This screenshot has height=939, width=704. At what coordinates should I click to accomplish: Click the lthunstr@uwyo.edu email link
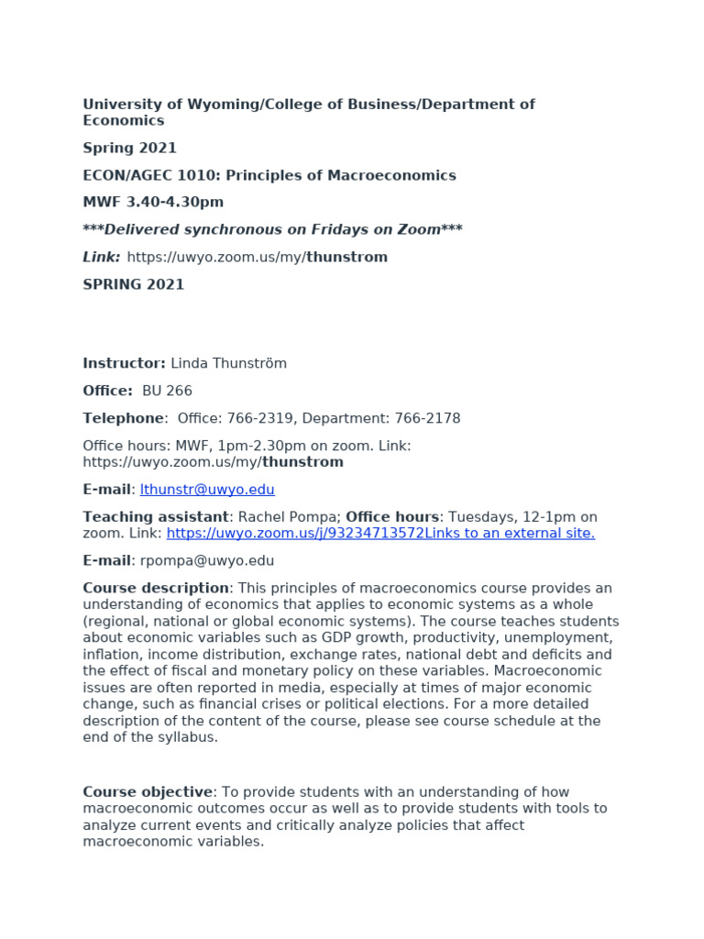coord(207,490)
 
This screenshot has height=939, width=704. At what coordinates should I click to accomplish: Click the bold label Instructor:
coord(124,363)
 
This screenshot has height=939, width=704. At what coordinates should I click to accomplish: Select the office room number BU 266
coord(167,391)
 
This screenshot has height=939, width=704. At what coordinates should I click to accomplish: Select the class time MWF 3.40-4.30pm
coord(153,202)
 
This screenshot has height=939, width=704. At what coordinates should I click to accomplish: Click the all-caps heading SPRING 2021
coord(133,284)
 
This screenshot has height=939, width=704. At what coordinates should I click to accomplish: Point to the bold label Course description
coord(156,588)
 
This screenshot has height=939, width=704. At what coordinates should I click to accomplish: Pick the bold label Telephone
coord(123,418)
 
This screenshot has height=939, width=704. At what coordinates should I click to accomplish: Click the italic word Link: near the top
coord(102,257)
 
